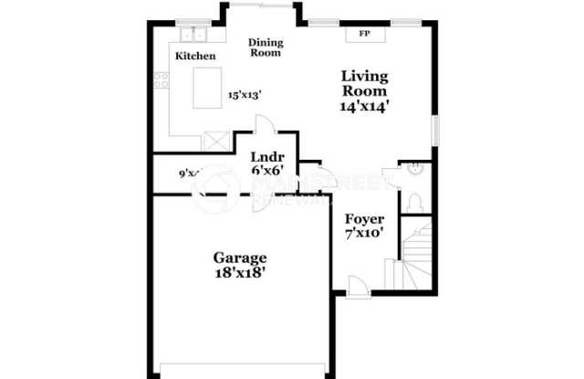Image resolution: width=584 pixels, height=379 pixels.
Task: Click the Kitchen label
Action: coord(195,57)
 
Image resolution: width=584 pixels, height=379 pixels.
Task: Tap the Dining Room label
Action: coord(266,47)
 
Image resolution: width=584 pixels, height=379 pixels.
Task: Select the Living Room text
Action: coord(364,83)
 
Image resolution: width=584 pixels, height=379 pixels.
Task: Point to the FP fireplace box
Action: coord(364,35)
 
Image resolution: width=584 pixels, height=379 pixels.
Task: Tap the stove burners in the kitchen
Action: coord(162,79)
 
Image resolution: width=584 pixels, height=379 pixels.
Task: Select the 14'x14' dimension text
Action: coord(365,105)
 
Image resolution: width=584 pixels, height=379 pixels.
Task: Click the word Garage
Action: coord(240,258)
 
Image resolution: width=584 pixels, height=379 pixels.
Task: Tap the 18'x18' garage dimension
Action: coord(240,272)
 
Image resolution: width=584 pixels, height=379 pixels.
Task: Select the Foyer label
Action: coord(364,219)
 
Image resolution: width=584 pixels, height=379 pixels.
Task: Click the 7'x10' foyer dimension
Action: coord(364,233)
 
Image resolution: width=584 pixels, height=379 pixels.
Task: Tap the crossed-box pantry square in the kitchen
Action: coord(216,142)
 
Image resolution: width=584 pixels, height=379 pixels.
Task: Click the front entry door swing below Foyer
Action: coord(359,286)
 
